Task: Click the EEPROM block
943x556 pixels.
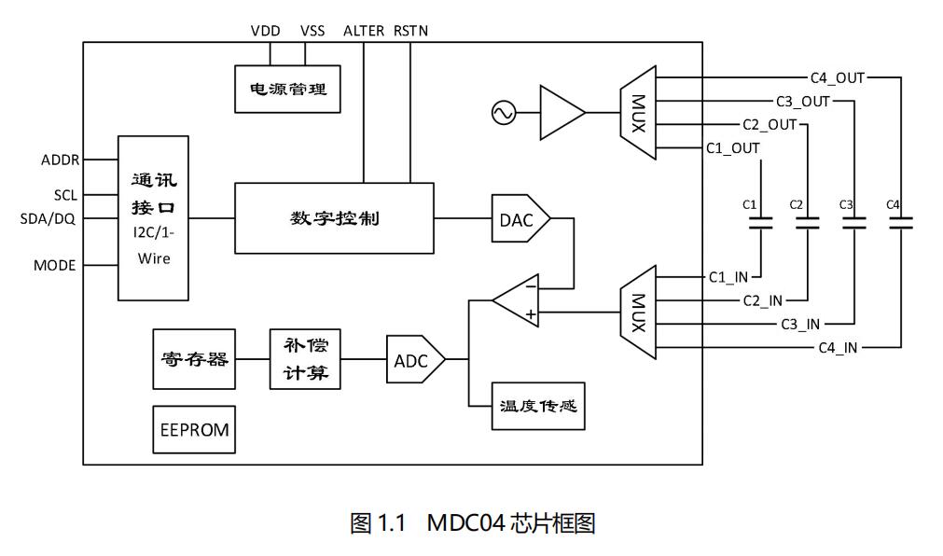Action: (194, 430)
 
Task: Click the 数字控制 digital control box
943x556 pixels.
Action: (334, 219)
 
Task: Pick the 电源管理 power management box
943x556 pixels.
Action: (287, 90)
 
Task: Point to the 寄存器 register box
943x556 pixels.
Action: (193, 359)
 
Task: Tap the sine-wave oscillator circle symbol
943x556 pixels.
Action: (503, 113)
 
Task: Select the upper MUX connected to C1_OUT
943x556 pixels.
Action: (638, 113)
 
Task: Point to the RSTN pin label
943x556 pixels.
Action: (411, 31)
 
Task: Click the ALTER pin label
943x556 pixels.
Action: (364, 31)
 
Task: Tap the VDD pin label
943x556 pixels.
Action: (266, 31)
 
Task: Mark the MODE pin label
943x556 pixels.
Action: (54, 265)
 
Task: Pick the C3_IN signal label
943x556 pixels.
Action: (800, 324)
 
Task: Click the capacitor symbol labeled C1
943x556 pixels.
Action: (761, 223)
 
